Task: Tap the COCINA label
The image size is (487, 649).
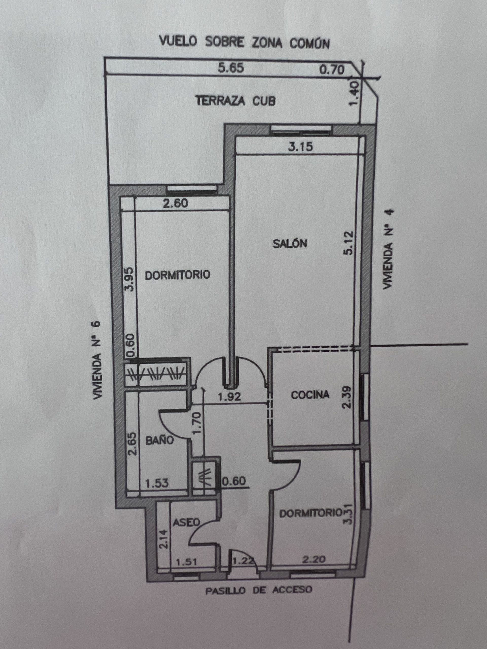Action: pyautogui.click(x=310, y=395)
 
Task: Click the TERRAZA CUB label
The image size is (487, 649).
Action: pyautogui.click(x=236, y=101)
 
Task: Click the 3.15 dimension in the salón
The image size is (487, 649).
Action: pyautogui.click(x=300, y=147)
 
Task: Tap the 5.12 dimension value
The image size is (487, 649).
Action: pyautogui.click(x=350, y=243)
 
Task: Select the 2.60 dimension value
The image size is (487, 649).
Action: pyautogui.click(x=176, y=203)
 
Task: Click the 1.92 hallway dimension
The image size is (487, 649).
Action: pyautogui.click(x=229, y=397)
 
